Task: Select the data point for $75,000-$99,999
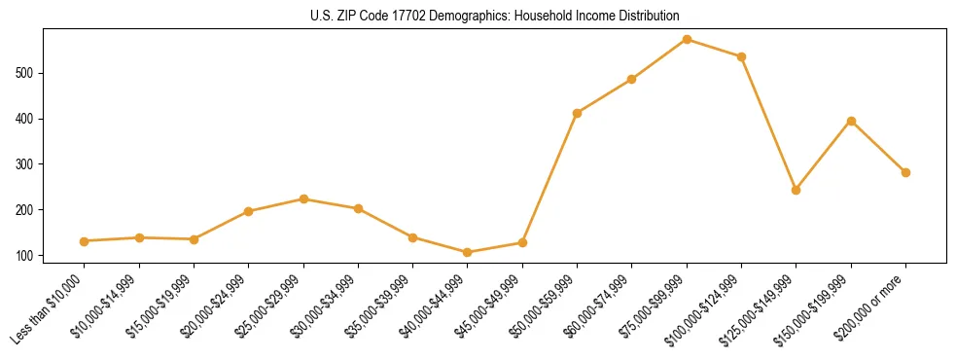[687, 39]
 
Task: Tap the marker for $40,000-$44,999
[468, 252]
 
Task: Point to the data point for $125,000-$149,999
[797, 190]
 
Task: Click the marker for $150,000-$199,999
[851, 121]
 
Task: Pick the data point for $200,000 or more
[905, 172]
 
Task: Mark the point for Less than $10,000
[85, 241]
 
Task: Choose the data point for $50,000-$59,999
[578, 113]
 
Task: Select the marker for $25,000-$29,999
[303, 198]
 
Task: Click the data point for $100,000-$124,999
[741, 56]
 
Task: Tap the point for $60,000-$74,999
[632, 79]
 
